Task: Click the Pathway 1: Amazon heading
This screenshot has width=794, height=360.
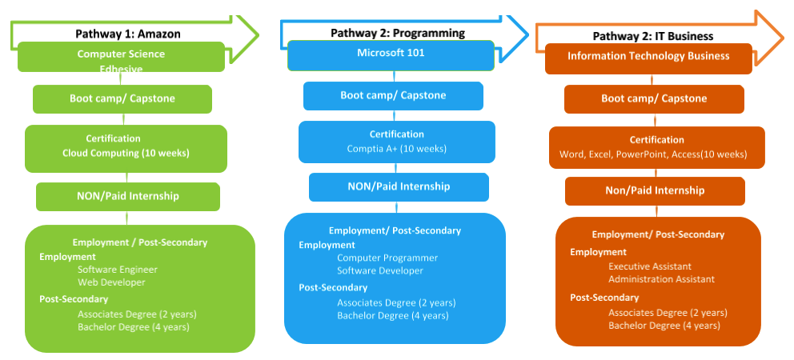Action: (128, 34)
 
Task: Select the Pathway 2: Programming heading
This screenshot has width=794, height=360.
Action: (398, 33)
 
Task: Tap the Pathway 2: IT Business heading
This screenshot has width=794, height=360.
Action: (653, 36)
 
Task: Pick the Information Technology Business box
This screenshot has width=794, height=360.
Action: (648, 56)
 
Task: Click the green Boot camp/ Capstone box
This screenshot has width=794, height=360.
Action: (122, 99)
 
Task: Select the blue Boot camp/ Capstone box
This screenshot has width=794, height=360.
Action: (393, 95)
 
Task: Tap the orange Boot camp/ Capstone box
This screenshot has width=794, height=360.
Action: (654, 99)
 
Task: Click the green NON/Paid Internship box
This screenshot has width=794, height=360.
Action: (127, 196)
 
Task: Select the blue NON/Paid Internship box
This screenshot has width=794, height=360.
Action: (399, 186)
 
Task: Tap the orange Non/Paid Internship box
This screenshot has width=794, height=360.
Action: (654, 190)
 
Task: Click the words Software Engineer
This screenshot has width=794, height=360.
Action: (118, 270)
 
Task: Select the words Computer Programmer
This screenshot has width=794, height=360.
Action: (387, 258)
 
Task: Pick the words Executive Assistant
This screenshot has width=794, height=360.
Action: (650, 266)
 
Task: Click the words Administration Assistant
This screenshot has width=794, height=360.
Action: (661, 279)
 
